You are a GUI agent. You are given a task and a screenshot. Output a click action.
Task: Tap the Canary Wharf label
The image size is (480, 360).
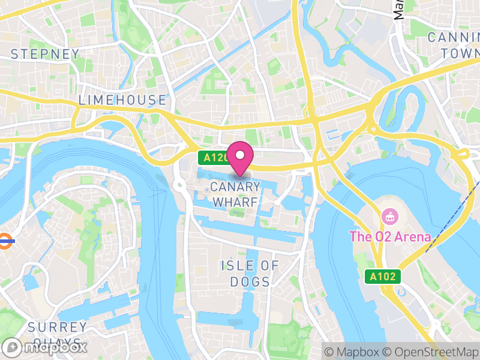click(235, 194)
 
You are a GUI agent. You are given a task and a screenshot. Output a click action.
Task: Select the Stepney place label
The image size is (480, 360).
click(45, 54)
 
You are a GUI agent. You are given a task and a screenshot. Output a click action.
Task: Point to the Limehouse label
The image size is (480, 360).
click(122, 100)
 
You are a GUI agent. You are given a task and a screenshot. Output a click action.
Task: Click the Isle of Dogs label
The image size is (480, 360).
click(250, 273)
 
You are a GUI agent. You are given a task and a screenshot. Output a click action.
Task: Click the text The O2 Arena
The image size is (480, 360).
click(390, 236)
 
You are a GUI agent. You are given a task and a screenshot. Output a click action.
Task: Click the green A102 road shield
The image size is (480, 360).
click(382, 277)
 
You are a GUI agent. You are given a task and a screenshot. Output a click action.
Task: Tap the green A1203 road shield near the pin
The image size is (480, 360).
click(213, 158)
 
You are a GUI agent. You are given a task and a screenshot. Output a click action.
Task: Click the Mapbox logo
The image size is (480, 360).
click(45, 347)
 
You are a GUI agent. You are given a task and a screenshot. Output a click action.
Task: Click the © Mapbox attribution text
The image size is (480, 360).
click(352, 351)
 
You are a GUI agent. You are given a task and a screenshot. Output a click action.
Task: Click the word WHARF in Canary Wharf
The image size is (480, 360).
click(235, 202)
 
